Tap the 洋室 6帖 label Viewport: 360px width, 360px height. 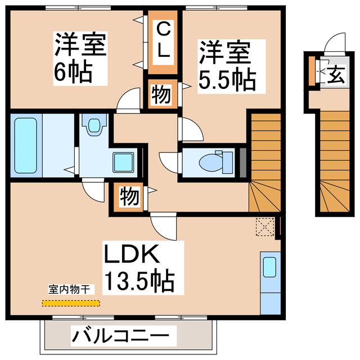(x=79, y=58)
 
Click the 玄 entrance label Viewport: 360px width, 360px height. (x=336, y=74)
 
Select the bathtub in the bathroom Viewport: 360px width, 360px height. (x=25, y=145)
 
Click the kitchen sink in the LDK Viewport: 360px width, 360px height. (x=268, y=267)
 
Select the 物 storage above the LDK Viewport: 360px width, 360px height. (x=129, y=197)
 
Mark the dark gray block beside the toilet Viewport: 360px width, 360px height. (x=243, y=162)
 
